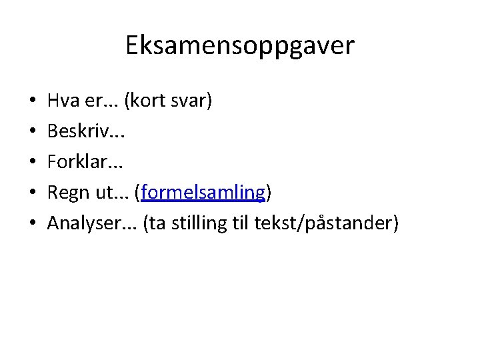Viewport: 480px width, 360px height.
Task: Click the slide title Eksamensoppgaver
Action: coord(240,45)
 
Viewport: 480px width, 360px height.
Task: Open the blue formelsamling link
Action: coord(203,193)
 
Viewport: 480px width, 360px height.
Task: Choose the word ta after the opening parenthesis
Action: coord(157,224)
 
